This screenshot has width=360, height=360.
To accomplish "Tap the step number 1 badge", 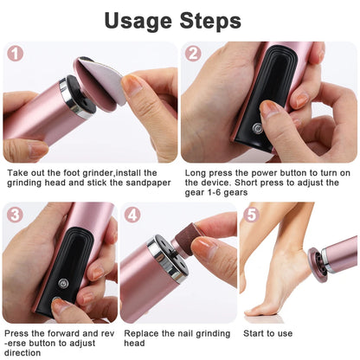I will (15, 54).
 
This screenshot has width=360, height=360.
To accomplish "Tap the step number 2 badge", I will (194, 54).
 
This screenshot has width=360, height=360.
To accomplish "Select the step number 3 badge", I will (15, 215).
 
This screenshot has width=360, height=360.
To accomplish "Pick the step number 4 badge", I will (132, 215).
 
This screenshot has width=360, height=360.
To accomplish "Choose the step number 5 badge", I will (251, 215).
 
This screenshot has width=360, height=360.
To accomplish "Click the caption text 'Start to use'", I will (267, 332).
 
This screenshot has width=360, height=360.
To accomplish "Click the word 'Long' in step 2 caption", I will (196, 172).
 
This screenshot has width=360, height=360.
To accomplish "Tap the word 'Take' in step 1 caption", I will (17, 172).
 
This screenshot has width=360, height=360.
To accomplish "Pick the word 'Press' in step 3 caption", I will (19, 332).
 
